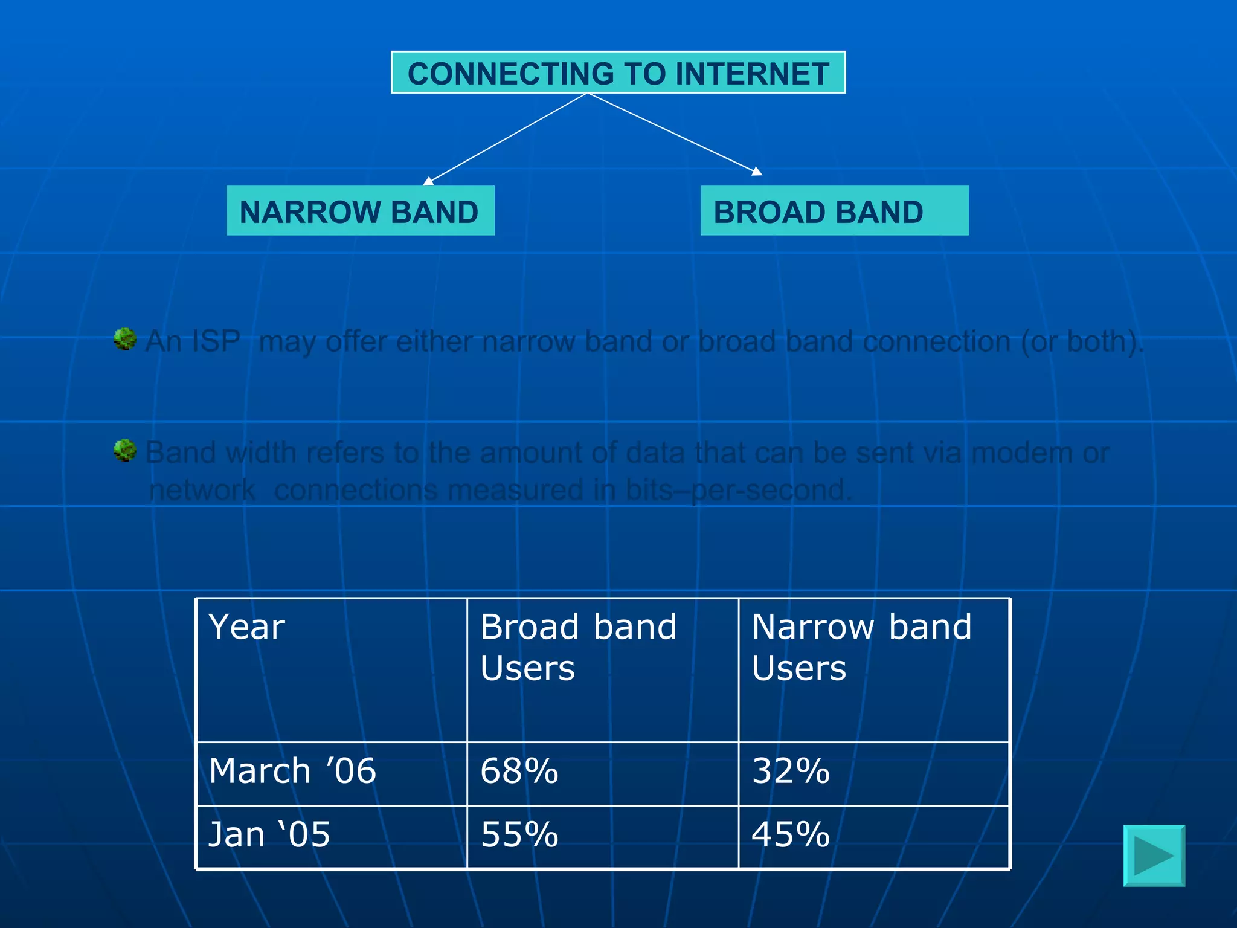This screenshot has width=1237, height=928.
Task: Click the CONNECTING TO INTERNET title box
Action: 618,73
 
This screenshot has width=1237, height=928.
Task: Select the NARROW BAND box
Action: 360,211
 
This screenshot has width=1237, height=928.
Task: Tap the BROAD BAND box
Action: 834,211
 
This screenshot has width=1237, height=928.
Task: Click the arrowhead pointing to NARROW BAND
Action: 428,181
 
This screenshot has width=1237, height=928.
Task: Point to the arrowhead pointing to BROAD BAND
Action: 757,172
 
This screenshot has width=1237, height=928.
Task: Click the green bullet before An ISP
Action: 125,339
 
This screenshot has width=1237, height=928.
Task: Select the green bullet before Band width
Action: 125,450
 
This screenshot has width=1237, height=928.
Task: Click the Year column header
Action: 246,627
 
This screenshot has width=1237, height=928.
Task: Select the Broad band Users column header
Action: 578,647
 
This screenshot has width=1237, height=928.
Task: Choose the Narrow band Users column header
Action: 861,647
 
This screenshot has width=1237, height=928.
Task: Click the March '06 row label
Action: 292,772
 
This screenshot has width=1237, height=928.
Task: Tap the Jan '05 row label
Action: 269,835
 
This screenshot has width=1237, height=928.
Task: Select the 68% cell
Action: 519,772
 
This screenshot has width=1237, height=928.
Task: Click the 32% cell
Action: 791,772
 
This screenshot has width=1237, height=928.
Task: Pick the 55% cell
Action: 519,835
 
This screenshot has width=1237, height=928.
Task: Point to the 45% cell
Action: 791,835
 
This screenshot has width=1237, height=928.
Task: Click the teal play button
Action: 1154,855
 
